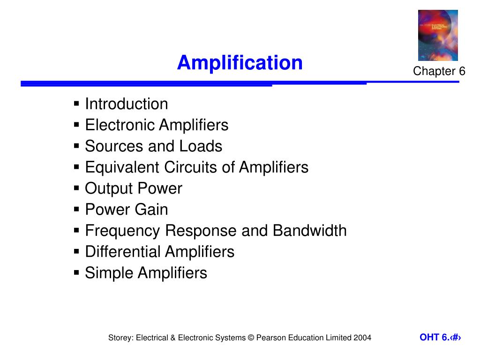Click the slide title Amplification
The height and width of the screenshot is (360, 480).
pyautogui.click(x=240, y=63)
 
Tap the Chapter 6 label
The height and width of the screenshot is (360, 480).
pyautogui.click(x=439, y=71)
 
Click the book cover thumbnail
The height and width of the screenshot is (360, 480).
pyautogui.click(x=438, y=36)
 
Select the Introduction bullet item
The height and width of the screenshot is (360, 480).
pyautogui.click(x=126, y=104)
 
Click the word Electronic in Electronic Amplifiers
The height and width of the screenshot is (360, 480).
pyautogui.click(x=120, y=125)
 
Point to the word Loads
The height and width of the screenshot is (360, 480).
pyautogui.click(x=201, y=146)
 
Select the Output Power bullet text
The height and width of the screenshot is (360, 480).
pyautogui.click(x=133, y=188)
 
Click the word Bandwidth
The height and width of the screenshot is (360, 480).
pyautogui.click(x=309, y=231)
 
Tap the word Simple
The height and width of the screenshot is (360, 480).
pyautogui.click(x=109, y=273)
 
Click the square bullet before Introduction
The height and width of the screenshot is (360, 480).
pyautogui.click(x=77, y=104)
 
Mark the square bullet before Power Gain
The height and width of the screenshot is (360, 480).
pyautogui.click(x=77, y=210)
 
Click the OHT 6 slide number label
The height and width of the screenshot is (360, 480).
pyautogui.click(x=440, y=337)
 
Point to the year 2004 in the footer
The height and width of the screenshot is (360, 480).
pyautogui.click(x=362, y=338)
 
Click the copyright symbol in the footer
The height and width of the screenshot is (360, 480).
pyautogui.click(x=250, y=338)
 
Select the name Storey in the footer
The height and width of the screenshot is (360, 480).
pyautogui.click(x=120, y=338)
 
